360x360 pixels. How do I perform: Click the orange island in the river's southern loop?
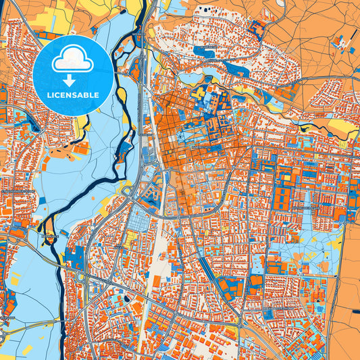pyautogui.click(x=51, y=238)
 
